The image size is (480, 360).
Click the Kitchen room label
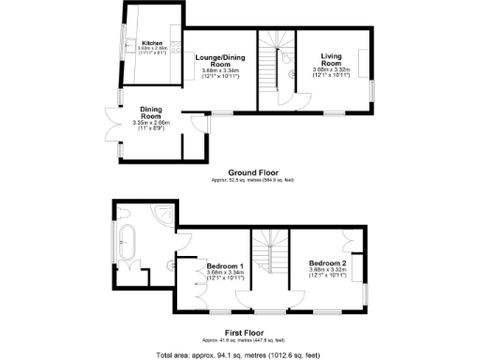(x=152, y=43)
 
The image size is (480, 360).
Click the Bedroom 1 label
(x=225, y=265)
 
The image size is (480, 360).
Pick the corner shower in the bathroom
(x=164, y=215)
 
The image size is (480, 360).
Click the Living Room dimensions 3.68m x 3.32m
(x=333, y=73)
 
